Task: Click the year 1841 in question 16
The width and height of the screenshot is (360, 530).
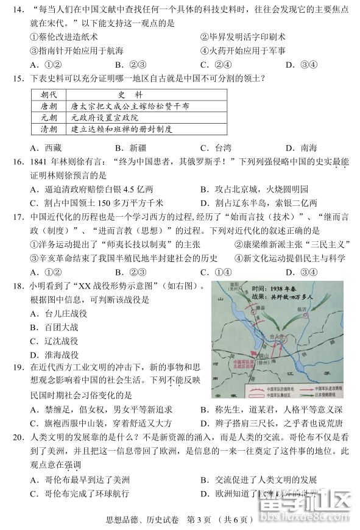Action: pos(40,163)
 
